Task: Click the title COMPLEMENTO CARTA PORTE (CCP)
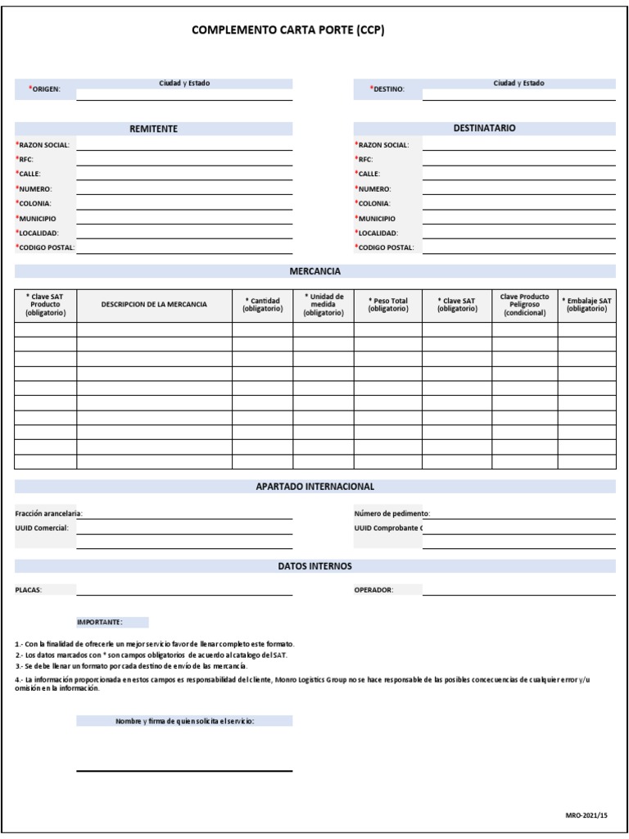pyautogui.click(x=287, y=30)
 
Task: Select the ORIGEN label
pyautogui.click(x=46, y=88)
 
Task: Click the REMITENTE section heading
pyautogui.click(x=153, y=129)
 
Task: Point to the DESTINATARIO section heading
pyautogui.click(x=484, y=129)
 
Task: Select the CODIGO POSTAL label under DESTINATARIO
pyautogui.click(x=385, y=247)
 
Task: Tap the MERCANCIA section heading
pyautogui.click(x=314, y=271)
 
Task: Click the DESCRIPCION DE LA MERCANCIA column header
pyautogui.click(x=154, y=305)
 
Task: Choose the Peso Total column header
pyautogui.click(x=387, y=305)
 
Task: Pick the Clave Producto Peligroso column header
pyautogui.click(x=524, y=305)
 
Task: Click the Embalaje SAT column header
pyautogui.click(x=586, y=305)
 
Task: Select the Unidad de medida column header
pyautogui.click(x=324, y=305)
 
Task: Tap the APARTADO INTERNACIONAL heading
pyautogui.click(x=314, y=487)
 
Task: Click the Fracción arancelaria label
pyautogui.click(x=49, y=514)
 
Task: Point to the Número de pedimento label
pyautogui.click(x=391, y=514)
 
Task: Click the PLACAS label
pyautogui.click(x=29, y=590)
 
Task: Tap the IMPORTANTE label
pyautogui.click(x=100, y=623)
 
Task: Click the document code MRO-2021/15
pyautogui.click(x=586, y=816)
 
